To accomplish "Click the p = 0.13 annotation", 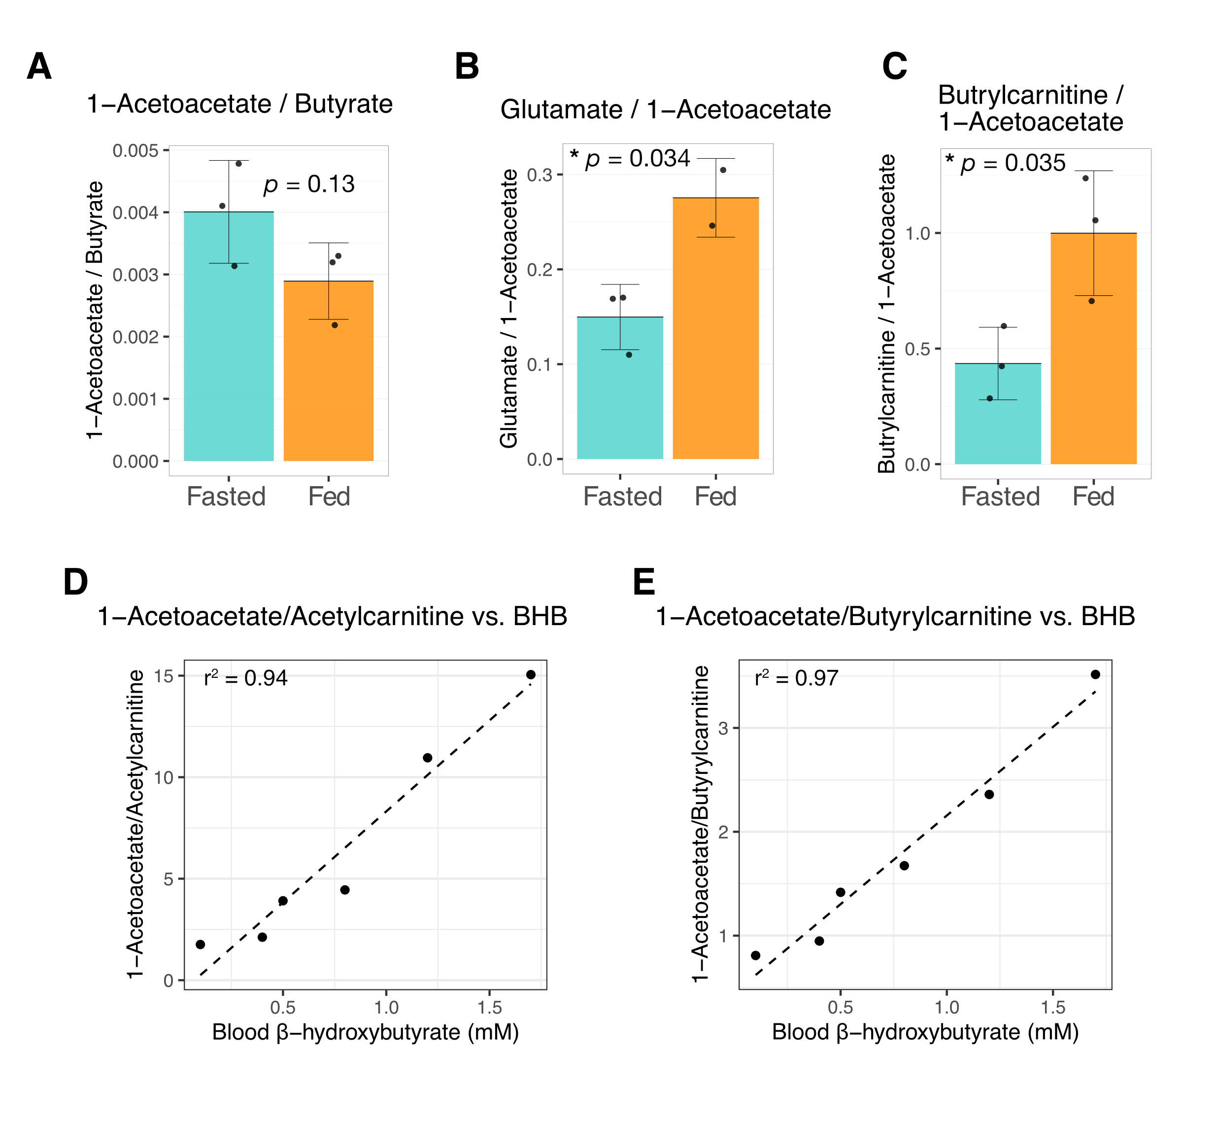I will point(309,184).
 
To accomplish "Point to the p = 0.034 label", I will point(637,159).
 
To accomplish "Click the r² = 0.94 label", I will point(246,677).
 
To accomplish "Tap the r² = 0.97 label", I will point(797,677).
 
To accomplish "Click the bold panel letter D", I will point(75,582).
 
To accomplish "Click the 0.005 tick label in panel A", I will point(135,151).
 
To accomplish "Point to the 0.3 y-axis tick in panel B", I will point(540,175).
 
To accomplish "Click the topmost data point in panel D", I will point(531,674).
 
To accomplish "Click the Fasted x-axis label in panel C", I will point(1000,496).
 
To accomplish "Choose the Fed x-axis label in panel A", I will point(329,496).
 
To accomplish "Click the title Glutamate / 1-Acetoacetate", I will point(665,110).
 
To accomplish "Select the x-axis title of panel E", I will point(925,1032).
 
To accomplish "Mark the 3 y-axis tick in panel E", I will point(723,728).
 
